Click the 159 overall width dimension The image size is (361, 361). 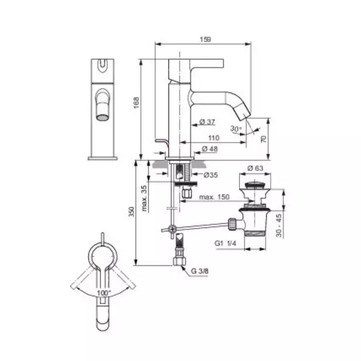[x=205, y=40]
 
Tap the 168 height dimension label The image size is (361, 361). [x=136, y=103]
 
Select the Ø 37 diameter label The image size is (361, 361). [x=207, y=122]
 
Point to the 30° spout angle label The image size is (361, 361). [x=236, y=129]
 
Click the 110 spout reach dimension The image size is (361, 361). [x=214, y=138]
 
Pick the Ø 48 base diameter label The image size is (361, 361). [x=210, y=149]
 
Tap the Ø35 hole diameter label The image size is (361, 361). [x=211, y=175]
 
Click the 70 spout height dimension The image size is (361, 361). [x=264, y=139]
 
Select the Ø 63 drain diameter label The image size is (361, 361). [x=255, y=168]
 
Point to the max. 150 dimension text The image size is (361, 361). [x=214, y=197]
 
